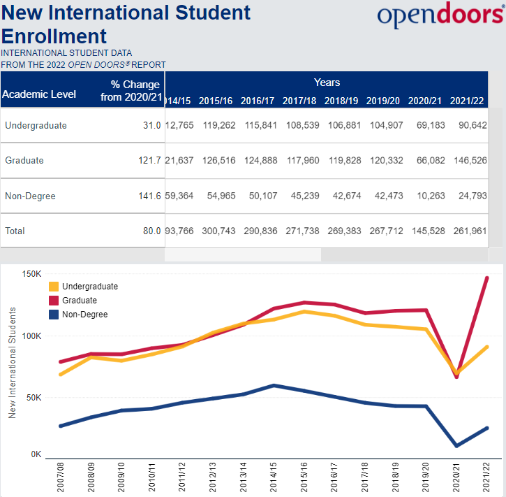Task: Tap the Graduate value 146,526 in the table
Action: coord(467,161)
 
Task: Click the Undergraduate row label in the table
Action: coord(36,126)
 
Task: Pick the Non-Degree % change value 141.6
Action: coord(149,196)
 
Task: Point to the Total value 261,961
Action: coord(467,231)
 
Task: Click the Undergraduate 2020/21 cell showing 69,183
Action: coord(425,126)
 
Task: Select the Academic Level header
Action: coord(39,94)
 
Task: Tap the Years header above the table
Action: coord(327,82)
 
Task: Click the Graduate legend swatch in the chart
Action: coord(54,301)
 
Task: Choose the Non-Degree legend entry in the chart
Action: coord(84,315)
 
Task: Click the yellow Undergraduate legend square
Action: coord(54,287)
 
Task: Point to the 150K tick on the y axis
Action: coord(33,273)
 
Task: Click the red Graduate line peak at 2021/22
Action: coord(486,278)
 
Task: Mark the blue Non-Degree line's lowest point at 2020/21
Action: coord(456,445)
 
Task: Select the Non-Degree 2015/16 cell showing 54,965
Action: coord(216,196)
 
